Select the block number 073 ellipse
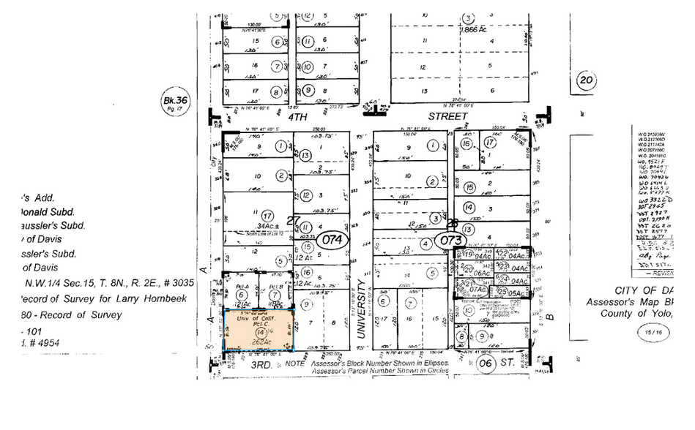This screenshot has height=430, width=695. [x=448, y=239]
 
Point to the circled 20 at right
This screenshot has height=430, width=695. [x=585, y=80]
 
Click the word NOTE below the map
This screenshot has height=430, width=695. [x=296, y=363]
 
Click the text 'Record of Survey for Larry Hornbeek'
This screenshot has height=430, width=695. [x=102, y=298]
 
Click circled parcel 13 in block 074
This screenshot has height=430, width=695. [x=305, y=154]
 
